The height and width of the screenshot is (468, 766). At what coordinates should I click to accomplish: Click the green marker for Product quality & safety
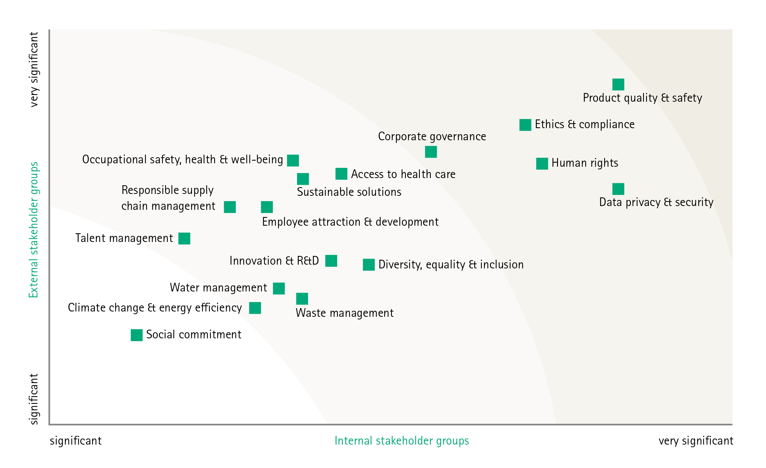(x=618, y=84)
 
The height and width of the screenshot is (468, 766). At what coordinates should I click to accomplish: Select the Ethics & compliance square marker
(x=525, y=125)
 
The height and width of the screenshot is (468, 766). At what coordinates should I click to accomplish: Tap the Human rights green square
(x=542, y=164)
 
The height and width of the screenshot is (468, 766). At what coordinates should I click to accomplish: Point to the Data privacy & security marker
(x=618, y=189)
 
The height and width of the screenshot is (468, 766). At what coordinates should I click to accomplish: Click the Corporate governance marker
(x=431, y=152)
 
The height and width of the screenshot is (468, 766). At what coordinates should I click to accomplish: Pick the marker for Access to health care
(x=341, y=174)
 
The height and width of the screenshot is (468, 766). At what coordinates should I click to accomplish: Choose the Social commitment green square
(x=136, y=335)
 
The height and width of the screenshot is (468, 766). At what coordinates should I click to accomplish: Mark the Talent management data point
(x=184, y=239)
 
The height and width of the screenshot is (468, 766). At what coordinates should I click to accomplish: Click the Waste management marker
(x=302, y=299)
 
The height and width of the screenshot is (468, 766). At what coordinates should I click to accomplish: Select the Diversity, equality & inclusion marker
(x=368, y=265)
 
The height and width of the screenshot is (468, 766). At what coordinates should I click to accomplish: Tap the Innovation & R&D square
(x=331, y=261)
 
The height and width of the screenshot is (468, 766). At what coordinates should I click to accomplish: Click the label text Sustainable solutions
(x=349, y=192)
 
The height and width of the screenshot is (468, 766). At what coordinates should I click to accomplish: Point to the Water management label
(x=218, y=288)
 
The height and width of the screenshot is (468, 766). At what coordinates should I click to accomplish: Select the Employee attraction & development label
(x=350, y=222)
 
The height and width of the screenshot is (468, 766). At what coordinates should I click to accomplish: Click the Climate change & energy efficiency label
(x=155, y=308)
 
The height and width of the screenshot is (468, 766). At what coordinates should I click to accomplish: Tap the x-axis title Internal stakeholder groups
(x=402, y=441)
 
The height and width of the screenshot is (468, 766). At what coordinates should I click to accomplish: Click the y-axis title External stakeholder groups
(x=34, y=230)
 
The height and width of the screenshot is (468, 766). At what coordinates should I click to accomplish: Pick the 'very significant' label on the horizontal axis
(x=696, y=441)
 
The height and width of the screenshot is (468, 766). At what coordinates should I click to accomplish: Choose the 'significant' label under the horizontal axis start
(x=76, y=441)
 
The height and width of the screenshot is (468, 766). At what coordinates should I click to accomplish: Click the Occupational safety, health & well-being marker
(x=293, y=160)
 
